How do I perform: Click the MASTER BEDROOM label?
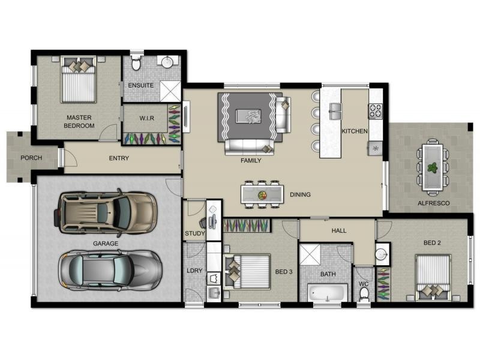point(79,122)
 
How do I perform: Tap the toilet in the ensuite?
point(136,62)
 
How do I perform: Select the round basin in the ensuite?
point(167,62)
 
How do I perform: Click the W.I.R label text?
point(146,118)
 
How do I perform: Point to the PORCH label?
point(31,158)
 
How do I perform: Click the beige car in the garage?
point(106,213)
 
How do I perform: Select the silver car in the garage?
point(110,270)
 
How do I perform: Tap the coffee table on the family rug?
point(248,116)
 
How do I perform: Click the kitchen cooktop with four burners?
point(376,111)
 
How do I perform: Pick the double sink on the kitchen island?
point(335,111)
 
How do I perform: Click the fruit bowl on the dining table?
point(262,195)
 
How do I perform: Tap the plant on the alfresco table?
point(432,168)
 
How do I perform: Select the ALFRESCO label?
point(433,203)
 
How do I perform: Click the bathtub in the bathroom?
point(328,293)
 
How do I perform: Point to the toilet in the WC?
point(364,295)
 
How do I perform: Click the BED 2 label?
point(432,243)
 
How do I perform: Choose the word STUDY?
point(194,233)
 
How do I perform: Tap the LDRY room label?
point(194,271)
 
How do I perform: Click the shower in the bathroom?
point(310,254)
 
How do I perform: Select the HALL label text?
point(339,230)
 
